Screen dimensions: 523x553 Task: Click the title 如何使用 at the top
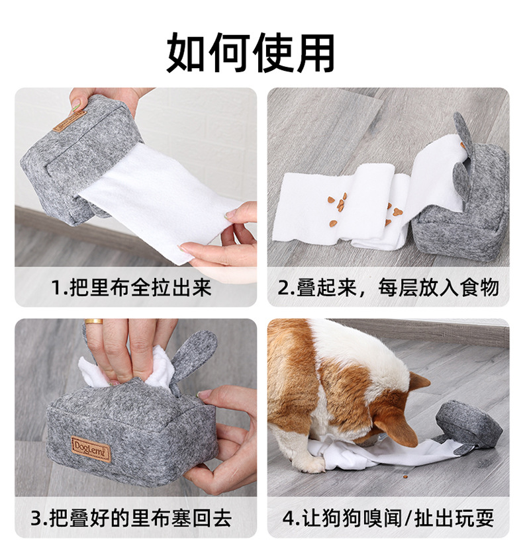(x=250, y=52)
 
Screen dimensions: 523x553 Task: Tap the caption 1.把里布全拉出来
(x=131, y=288)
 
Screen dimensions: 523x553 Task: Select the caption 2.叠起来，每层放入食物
(x=388, y=288)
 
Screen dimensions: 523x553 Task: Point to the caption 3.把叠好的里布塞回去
(x=131, y=518)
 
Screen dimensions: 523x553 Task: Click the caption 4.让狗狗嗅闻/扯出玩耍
(x=388, y=518)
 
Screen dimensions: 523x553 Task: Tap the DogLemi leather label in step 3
(x=91, y=448)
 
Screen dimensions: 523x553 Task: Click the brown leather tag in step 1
(x=70, y=121)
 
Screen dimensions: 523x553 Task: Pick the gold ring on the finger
(x=94, y=321)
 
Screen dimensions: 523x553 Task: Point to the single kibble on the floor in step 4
(x=405, y=477)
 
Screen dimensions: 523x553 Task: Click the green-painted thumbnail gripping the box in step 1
(x=76, y=105)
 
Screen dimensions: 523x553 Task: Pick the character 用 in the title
(x=314, y=53)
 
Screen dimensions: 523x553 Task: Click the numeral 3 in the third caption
(x=36, y=519)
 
